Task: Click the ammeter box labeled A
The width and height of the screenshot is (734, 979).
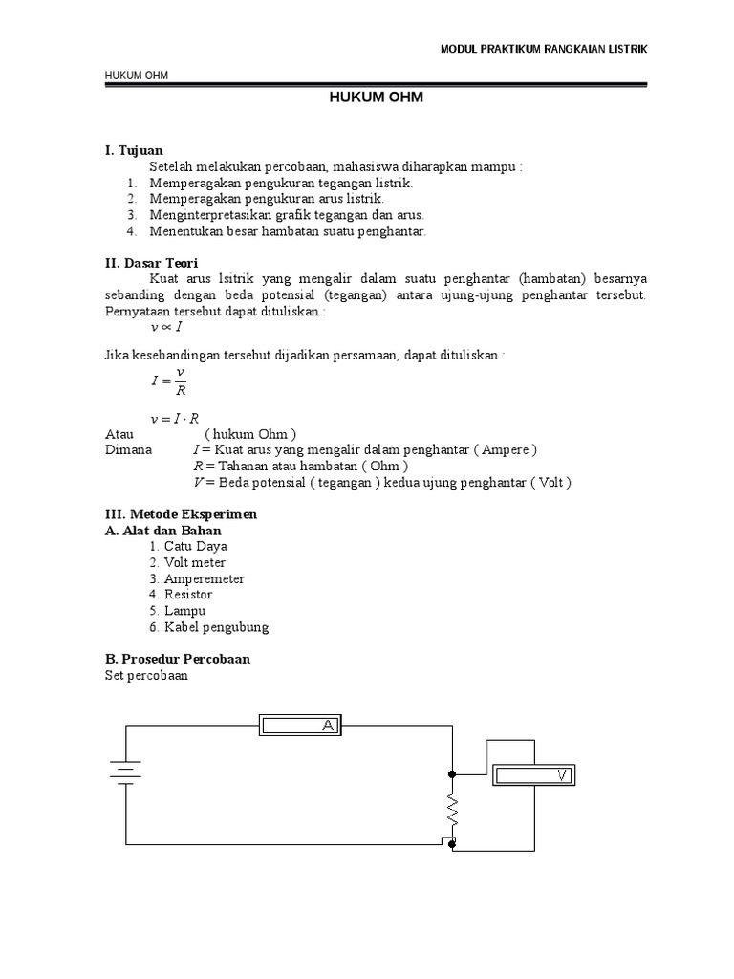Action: click(x=300, y=727)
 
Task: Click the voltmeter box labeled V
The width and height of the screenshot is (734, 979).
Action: click(x=533, y=775)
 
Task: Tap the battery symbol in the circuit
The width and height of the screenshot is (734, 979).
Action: click(x=125, y=771)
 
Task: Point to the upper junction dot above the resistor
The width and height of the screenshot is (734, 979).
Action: click(x=452, y=773)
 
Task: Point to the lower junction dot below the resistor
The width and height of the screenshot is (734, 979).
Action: click(x=452, y=844)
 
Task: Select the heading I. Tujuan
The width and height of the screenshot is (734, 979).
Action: click(x=134, y=150)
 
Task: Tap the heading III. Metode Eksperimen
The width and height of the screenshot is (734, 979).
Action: click(x=181, y=513)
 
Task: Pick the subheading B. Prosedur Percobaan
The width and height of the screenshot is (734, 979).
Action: click(x=177, y=659)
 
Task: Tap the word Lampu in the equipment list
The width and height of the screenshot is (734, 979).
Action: click(x=184, y=611)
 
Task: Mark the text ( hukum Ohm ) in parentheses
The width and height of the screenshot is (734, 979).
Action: click(x=250, y=433)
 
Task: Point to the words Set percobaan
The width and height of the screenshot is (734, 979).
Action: click(x=146, y=675)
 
